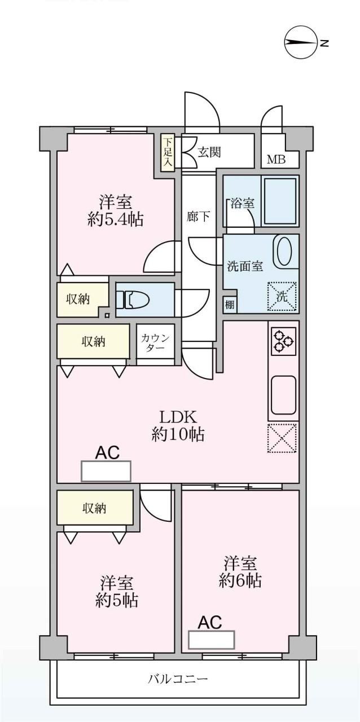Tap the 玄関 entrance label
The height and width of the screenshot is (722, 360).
point(209,152)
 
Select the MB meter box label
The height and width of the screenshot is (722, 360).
point(276,160)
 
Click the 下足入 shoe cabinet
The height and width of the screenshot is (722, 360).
point(168,152)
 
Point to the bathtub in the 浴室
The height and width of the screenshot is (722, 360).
point(280,201)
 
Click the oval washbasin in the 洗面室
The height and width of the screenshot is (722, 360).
point(284,252)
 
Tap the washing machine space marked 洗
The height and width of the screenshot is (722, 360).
point(282,296)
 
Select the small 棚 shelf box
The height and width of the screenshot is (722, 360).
point(230,304)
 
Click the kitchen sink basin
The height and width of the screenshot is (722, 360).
point(284,395)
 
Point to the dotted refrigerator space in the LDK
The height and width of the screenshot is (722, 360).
point(282,439)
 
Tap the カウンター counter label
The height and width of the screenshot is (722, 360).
point(155,343)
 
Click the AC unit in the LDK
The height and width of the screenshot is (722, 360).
point(106,471)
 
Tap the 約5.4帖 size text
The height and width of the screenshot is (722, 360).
point(116,219)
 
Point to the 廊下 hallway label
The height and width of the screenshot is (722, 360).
point(198,217)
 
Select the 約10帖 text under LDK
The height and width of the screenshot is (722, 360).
point(178,435)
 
